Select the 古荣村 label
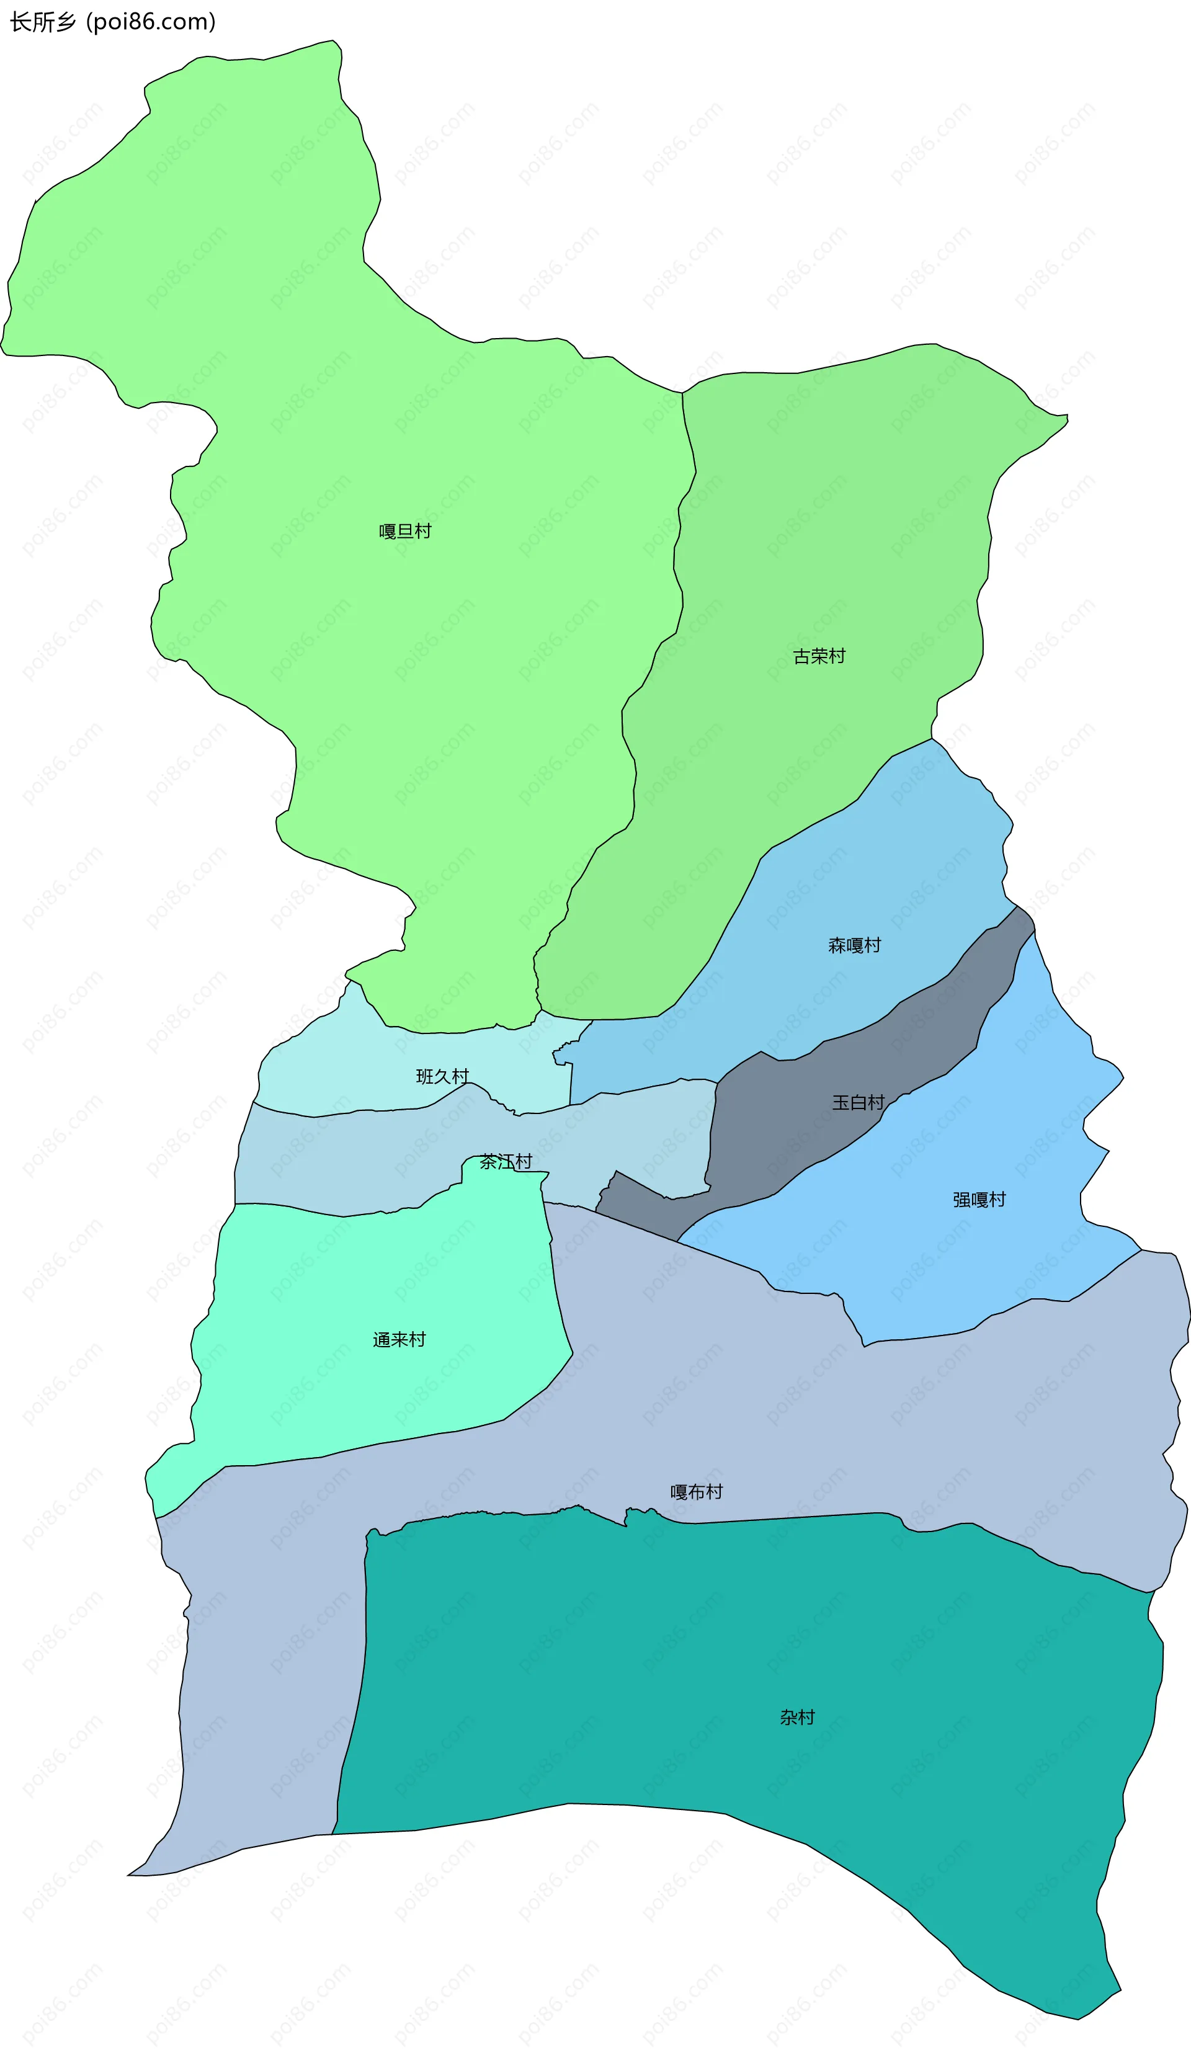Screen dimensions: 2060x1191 tap(819, 656)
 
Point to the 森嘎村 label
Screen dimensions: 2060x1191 tap(854, 946)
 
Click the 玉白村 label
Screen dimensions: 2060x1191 tap(859, 1103)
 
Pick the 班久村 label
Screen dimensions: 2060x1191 tap(442, 1077)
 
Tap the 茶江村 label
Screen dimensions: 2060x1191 tap(506, 1162)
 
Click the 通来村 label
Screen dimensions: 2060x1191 tap(399, 1340)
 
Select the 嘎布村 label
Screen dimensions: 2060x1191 tap(697, 1492)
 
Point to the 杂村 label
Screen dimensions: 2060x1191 tap(797, 1718)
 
